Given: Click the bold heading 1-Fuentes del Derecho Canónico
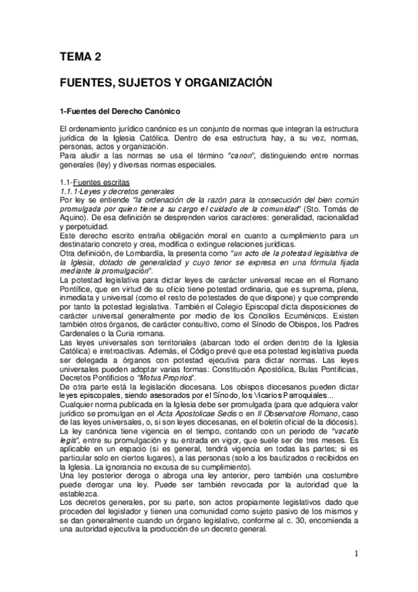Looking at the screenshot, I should [121, 111].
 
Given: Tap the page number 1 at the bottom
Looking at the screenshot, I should [356, 554].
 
